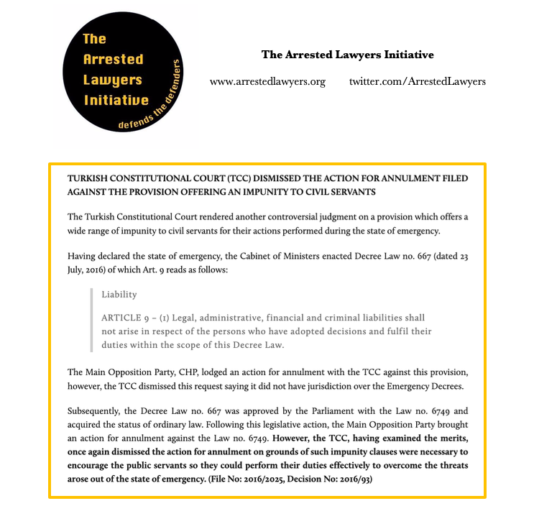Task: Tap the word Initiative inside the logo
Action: [116, 100]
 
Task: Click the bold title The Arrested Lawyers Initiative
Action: [347, 55]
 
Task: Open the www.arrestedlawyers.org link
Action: [267, 81]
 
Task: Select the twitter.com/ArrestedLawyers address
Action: [418, 81]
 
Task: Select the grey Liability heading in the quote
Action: [119, 294]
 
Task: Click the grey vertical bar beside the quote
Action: [92, 319]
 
